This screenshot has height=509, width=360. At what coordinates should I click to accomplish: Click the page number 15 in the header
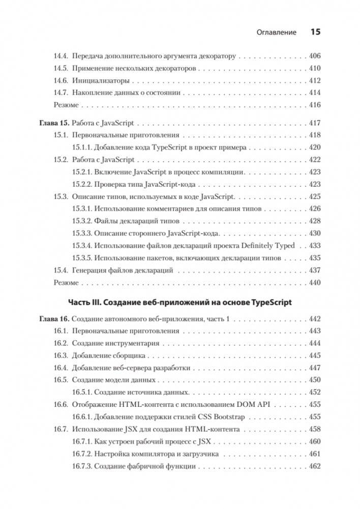315,32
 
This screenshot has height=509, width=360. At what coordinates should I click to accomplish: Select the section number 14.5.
61,68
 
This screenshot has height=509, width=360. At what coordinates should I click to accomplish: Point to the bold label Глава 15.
53,124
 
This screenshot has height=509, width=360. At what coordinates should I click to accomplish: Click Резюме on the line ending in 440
66,282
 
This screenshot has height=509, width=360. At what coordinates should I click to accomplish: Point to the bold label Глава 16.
53,319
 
